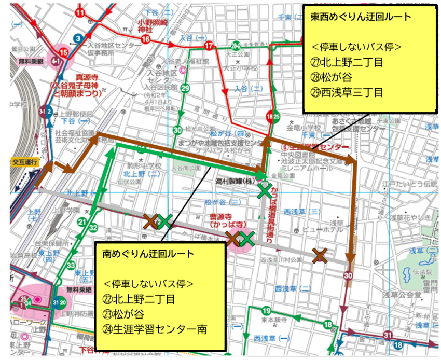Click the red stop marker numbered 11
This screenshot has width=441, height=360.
pyautogui.click(x=80, y=12)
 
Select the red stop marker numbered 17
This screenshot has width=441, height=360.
pyautogui.click(x=209, y=47)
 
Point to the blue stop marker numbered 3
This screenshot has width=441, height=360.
pyautogui.click(x=77, y=38)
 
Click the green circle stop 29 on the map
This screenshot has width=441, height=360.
pyautogui.click(x=186, y=88)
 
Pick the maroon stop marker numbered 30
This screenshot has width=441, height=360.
pyautogui.click(x=348, y=275)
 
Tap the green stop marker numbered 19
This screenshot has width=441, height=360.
pyautogui.click(x=266, y=311)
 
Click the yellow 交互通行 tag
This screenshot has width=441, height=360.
pyautogui.click(x=25, y=162)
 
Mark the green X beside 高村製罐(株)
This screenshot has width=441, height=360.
pyautogui.click(x=265, y=192)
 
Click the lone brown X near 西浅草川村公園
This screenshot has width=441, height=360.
pyautogui.click(x=320, y=255)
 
